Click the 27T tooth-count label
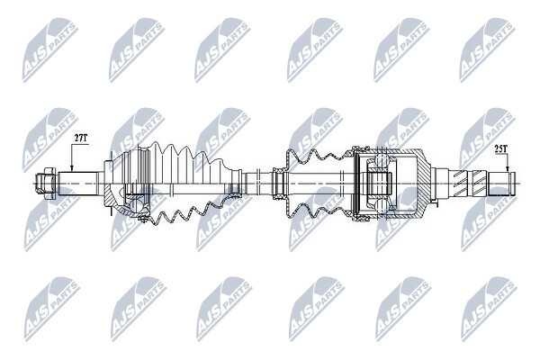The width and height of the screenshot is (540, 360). click(x=81, y=138)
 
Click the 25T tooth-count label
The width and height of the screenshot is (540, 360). click(x=500, y=149)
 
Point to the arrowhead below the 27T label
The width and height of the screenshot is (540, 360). click(x=72, y=168)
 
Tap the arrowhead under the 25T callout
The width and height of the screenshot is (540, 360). click(x=508, y=169)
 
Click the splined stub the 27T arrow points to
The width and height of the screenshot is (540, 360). click(x=77, y=183)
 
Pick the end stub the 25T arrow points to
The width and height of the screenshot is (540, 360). click(x=502, y=184)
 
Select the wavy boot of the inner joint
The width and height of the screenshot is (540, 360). click(x=319, y=183)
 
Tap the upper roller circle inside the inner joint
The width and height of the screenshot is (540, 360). click(x=381, y=160)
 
